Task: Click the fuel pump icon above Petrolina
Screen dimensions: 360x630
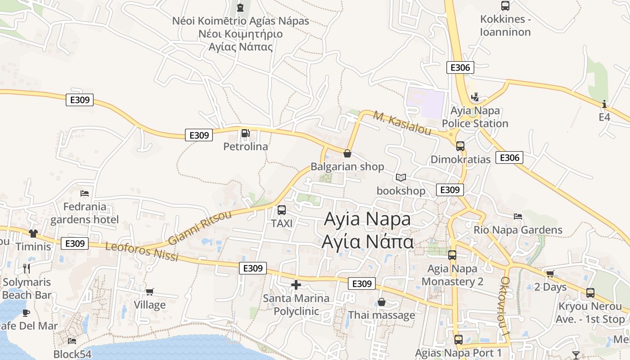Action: click(245, 133)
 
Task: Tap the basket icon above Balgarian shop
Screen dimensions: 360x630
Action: click(347, 153)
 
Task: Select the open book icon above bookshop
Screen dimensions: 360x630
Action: click(400, 178)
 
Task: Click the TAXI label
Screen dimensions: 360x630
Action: click(282, 223)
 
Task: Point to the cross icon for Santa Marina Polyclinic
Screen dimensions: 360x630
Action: click(296, 285)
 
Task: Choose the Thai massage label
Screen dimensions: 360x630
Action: click(382, 315)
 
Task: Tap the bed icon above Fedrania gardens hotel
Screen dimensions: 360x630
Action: click(85, 193)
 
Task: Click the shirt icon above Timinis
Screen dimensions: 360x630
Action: click(33, 233)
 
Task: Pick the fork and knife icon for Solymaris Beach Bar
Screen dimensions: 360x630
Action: click(27, 269)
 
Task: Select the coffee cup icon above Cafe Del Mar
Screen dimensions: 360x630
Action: click(26, 312)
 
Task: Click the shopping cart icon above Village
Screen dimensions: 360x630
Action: click(150, 292)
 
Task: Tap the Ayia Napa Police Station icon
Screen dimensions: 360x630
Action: click(474, 97)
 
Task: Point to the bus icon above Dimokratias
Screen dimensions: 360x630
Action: click(460, 146)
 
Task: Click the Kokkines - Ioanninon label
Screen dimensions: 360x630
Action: click(505, 26)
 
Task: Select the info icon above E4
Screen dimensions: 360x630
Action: click(604, 104)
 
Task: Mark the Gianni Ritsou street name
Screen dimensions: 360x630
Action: click(200, 227)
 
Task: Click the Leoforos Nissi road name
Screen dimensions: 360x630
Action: click(142, 252)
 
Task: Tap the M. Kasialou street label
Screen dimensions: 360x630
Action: click(402, 123)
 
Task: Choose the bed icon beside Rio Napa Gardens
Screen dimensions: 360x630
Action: click(518, 216)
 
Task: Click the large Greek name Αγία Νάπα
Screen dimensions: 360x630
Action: click(367, 242)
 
